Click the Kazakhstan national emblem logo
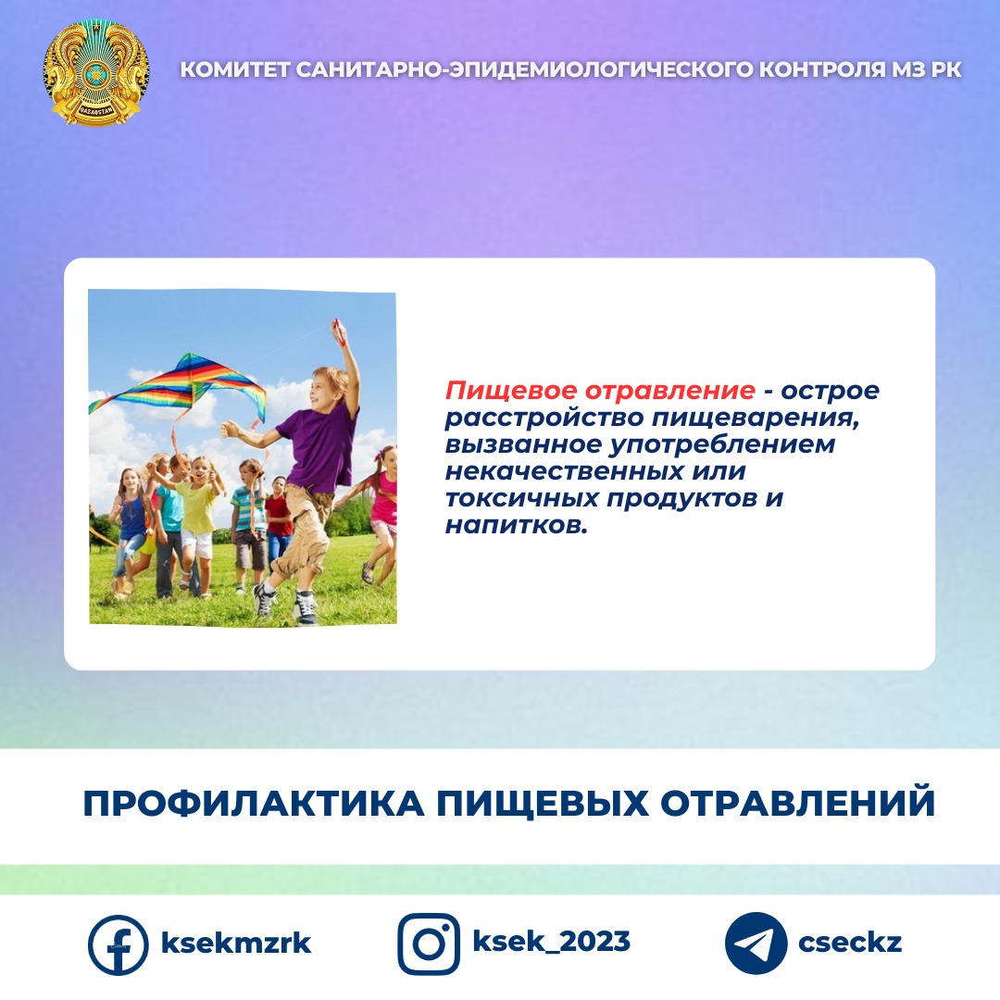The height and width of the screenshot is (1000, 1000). (x=96, y=72)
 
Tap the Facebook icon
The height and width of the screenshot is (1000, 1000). (x=118, y=945)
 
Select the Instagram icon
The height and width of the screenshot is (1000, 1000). (x=429, y=944)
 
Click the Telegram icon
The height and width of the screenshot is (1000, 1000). (x=756, y=944)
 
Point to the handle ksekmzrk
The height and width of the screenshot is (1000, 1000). (x=236, y=943)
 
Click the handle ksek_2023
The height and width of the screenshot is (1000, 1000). (x=551, y=942)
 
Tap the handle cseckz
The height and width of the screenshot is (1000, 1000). (x=850, y=943)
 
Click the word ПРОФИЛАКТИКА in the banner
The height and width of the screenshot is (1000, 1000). (x=254, y=803)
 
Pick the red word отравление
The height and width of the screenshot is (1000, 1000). (x=670, y=391)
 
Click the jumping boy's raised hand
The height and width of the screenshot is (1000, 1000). (x=339, y=331)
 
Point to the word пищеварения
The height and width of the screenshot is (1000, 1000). (x=756, y=419)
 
